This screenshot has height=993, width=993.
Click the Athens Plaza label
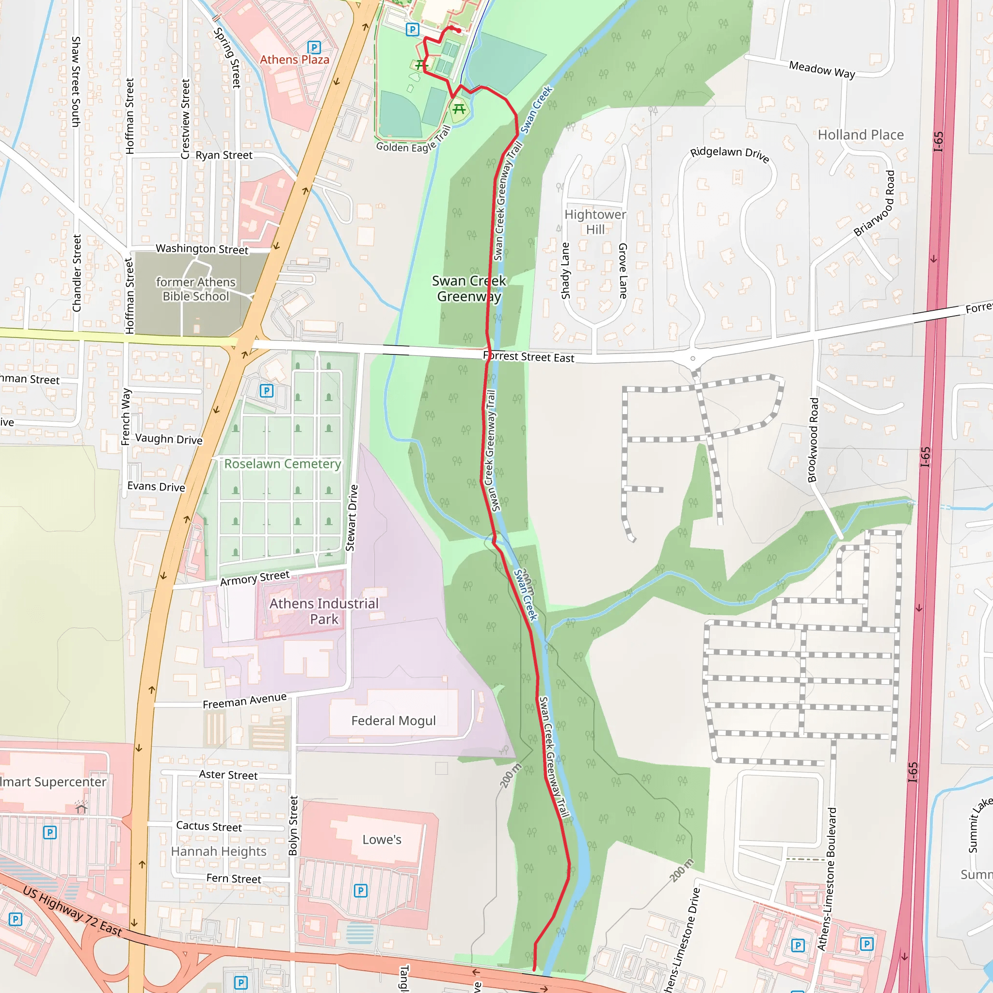294,60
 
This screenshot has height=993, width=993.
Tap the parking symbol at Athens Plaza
314,48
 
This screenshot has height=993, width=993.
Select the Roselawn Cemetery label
282,464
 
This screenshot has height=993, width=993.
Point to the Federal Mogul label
393,721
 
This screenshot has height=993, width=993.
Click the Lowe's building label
382,839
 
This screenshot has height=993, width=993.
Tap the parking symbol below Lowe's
360,890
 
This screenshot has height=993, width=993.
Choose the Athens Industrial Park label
324,611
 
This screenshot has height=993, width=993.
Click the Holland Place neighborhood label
861,135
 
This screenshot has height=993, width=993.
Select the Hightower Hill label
595,222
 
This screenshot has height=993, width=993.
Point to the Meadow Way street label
822,69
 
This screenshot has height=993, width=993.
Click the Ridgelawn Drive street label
729,154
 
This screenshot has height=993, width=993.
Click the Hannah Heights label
219,851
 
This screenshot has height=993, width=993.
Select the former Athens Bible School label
195,289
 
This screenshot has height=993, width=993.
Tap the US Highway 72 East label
72,911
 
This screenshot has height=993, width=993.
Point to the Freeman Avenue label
244,701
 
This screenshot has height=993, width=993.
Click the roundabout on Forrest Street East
693,358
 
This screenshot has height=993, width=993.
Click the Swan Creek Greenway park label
469,288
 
